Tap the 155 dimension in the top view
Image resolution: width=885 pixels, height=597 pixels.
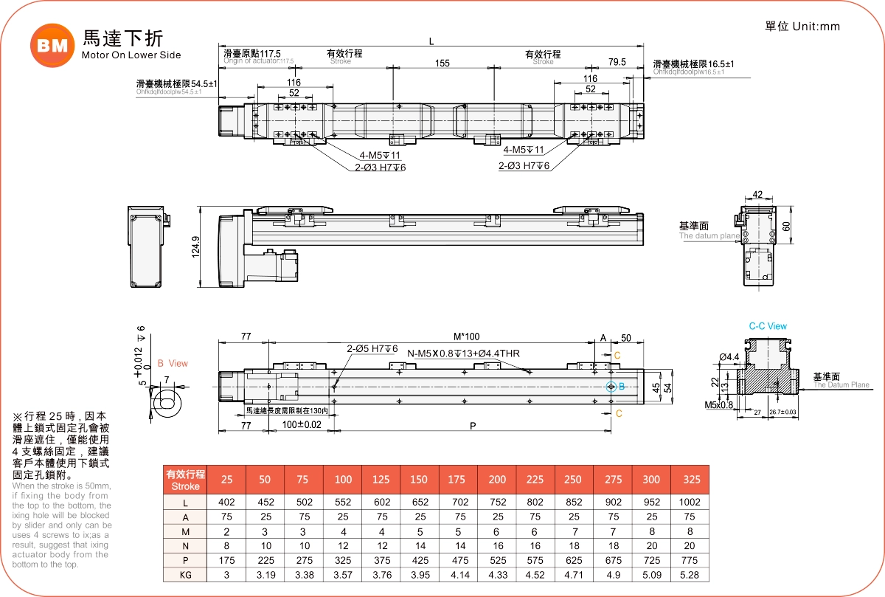pos(442,63)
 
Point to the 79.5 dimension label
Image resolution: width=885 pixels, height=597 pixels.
pos(617,62)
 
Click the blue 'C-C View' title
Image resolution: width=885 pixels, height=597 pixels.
pos(768,326)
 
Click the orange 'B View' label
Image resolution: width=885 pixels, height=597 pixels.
pos(173,363)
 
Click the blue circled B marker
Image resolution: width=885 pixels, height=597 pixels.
pos(611,387)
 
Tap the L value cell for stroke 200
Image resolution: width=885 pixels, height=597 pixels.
pos(497,502)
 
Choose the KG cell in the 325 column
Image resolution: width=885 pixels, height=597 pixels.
pos(691,575)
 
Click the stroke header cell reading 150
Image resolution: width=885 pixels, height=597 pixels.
pos(418,480)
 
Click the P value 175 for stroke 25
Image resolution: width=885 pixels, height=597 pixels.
pos(227,560)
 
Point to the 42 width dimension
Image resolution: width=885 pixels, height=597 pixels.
pos(757,196)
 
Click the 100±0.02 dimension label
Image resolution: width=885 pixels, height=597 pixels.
pos(302,425)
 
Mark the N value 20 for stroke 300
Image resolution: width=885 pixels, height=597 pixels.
pos(652,546)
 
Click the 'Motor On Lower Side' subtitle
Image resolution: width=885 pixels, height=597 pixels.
pos(131,55)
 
